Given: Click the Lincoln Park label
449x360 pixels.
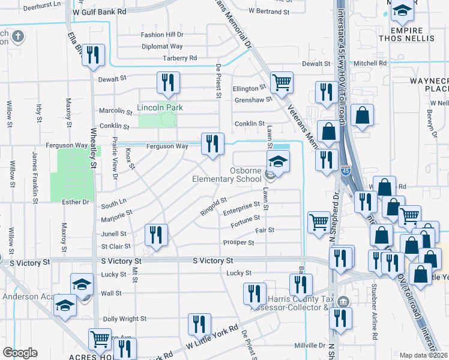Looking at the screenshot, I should pyautogui.click(x=160, y=108).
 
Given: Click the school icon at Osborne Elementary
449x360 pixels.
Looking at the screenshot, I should pyautogui.click(x=279, y=163).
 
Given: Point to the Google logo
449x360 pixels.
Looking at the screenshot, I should pyautogui.click(x=20, y=353).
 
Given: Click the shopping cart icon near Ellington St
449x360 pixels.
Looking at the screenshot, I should pyautogui.click(x=282, y=83).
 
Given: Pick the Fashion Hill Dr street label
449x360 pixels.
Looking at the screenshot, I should pyautogui.click(x=162, y=35).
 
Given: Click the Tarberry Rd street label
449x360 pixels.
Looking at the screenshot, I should pyautogui.click(x=179, y=58).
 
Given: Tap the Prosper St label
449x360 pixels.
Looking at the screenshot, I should pyautogui.click(x=238, y=243).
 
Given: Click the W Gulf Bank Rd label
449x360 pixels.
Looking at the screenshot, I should pyautogui.click(x=99, y=11).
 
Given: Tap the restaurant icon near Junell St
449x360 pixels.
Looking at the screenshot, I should pyautogui.click(x=157, y=236).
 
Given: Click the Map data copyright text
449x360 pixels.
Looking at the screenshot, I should pyautogui.click(x=424, y=355).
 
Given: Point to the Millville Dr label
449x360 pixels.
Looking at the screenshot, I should pyautogui.click(x=309, y=345).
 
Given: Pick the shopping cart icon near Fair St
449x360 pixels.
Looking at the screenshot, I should pyautogui.click(x=318, y=223).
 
